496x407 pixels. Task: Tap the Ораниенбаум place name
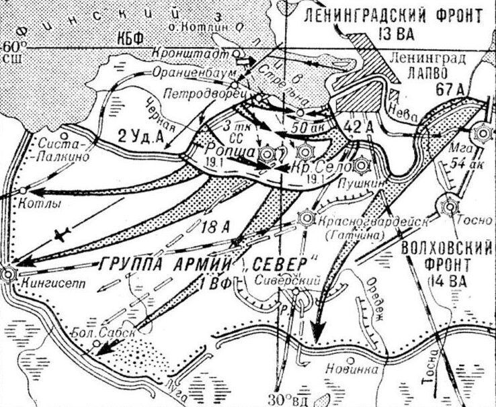pyautogui.click(x=175, y=69)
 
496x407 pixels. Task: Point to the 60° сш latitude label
pyautogui.click(x=12, y=52)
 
